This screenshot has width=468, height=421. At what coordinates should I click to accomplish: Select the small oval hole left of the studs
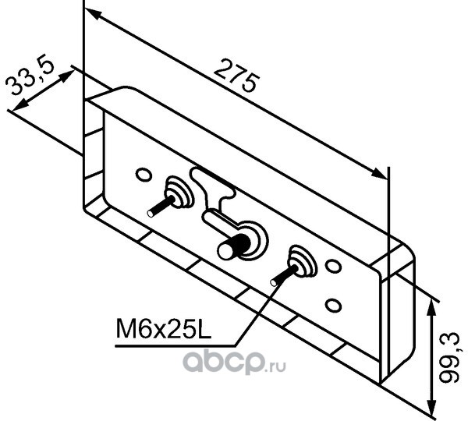pyautogui.click(x=141, y=173)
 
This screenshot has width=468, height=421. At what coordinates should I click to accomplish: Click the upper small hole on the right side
pyautogui.click(x=333, y=267)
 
